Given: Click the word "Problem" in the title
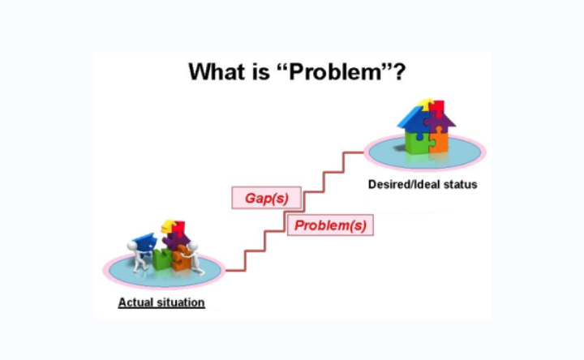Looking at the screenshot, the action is (335, 71).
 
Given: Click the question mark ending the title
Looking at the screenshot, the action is (399, 71).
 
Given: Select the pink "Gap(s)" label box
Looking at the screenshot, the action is (266, 198).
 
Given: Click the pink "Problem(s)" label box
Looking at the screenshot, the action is (330, 225).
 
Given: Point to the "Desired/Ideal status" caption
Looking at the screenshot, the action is (423, 184).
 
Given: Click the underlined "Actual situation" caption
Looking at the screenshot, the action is (161, 302).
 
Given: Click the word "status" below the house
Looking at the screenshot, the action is (460, 184).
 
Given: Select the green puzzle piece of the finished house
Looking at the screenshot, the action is (416, 142).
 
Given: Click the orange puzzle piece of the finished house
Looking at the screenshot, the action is (438, 140).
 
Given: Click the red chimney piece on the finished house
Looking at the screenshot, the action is (436, 108).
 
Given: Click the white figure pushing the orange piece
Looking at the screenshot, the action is (194, 257).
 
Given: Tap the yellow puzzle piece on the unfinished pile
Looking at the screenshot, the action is (168, 225).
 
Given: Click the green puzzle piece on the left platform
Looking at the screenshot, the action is (161, 259).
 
